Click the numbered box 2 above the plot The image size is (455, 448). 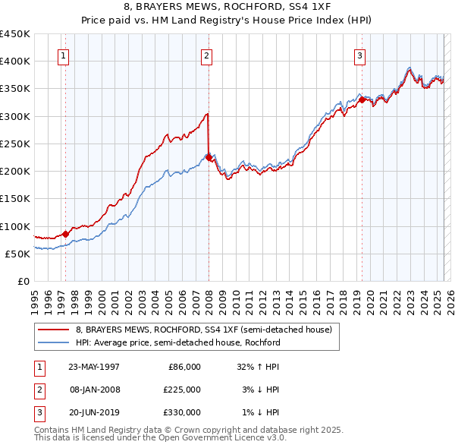(206, 55)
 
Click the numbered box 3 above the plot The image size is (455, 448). (359, 55)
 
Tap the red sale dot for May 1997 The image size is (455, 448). (65, 234)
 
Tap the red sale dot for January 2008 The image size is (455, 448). (209, 158)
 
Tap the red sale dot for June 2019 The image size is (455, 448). (362, 99)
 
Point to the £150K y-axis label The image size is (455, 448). (15, 199)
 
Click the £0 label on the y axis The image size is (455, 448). (23, 281)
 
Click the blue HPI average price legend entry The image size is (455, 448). (177, 342)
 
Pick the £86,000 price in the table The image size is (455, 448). (184, 367)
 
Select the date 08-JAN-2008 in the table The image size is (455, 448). (94, 390)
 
